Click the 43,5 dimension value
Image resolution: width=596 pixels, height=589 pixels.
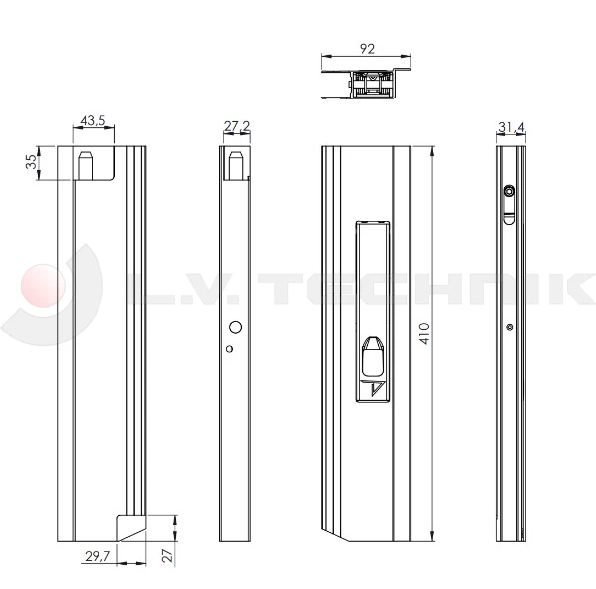click(x=94, y=121)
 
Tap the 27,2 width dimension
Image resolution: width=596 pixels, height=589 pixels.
click(x=236, y=126)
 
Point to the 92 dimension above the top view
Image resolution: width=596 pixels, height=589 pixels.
click(x=368, y=46)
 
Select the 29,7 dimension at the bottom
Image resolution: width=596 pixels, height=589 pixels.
click(x=99, y=556)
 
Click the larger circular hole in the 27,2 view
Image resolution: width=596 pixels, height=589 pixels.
click(x=236, y=327)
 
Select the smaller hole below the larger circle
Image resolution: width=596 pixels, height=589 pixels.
click(x=229, y=348)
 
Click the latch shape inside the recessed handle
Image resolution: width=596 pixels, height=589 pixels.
click(x=374, y=353)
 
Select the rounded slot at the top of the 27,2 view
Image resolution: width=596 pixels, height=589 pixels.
click(x=236, y=163)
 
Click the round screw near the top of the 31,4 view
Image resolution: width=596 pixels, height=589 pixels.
click(x=509, y=191)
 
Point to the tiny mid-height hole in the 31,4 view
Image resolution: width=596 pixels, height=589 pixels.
click(x=509, y=327)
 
